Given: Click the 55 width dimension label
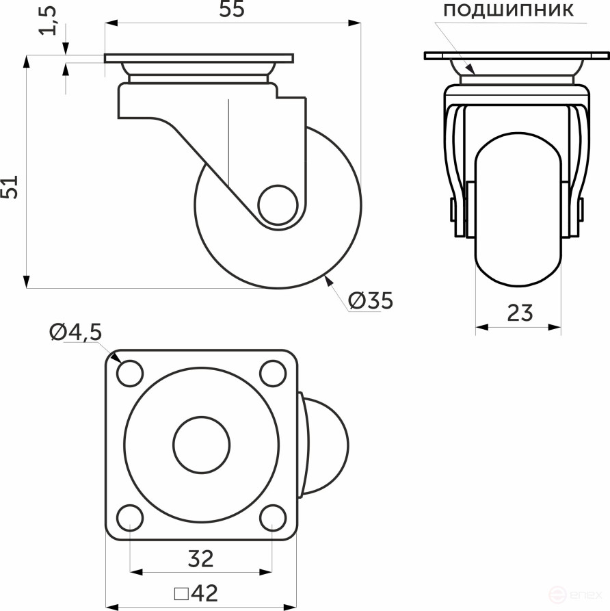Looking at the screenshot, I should click(232, 10).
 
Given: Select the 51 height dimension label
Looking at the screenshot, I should click(10, 186).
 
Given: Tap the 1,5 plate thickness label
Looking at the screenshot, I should click(49, 20).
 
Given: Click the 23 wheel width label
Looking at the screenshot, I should click(520, 313).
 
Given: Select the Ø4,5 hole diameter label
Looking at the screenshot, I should click(75, 333).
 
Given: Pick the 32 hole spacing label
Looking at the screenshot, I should click(200, 559).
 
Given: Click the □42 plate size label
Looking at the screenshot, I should click(196, 592).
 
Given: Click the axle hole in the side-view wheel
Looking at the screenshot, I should click(277, 203).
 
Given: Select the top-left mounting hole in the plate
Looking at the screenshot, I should click(130, 373).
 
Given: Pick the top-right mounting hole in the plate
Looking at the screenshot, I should click(272, 373).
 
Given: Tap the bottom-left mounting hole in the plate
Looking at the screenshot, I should click(130, 517).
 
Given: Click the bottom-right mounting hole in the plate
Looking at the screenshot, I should click(272, 517).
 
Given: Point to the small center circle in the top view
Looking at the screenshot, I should click(201, 445).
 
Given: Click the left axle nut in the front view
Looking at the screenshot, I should click(453, 209).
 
